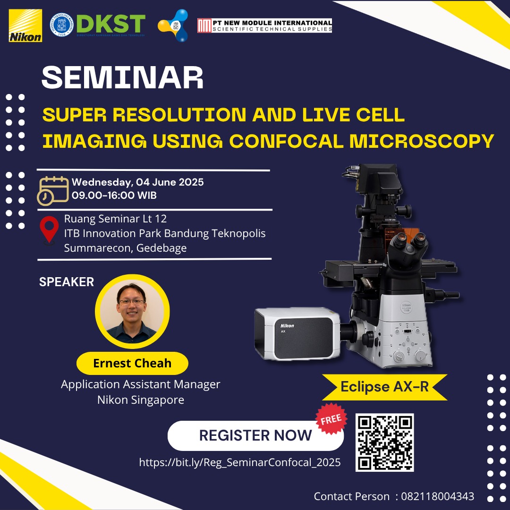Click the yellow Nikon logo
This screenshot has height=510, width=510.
[25, 25]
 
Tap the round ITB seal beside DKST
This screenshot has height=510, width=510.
[61, 25]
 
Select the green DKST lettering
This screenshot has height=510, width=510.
[111, 24]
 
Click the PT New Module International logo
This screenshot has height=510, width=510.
[264, 25]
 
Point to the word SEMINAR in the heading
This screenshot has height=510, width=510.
[122, 77]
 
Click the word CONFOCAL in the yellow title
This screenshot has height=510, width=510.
[286, 141]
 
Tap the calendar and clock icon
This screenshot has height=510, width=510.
[53, 191]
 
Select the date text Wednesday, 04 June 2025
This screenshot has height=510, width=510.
[137, 182]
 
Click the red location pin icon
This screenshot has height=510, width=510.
[49, 230]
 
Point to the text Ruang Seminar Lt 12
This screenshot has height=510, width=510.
[116, 219]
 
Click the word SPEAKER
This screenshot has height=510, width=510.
[67, 281]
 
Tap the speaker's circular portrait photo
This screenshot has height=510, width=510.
[132, 312]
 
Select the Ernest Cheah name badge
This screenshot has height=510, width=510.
[132, 363]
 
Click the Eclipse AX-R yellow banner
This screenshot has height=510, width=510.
[384, 387]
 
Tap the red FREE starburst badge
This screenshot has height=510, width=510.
[331, 419]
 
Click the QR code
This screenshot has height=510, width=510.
[384, 442]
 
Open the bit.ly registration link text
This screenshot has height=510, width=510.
[240, 462]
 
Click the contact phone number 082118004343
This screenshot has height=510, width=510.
[437, 496]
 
